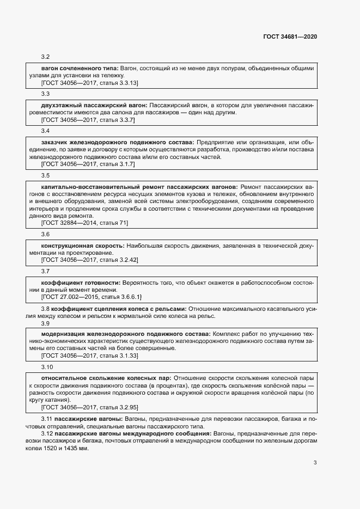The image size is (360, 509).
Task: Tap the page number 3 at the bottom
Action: [x=315, y=463]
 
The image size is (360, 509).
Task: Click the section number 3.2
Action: [x=46, y=57]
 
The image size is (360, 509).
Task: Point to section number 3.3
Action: [x=46, y=94]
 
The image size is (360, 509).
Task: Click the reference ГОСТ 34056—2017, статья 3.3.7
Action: [x=88, y=119]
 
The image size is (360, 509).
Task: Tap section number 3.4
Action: [x=46, y=131]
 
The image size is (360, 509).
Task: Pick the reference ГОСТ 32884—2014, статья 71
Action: [x=84, y=223]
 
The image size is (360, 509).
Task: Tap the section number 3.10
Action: [x=47, y=366]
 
